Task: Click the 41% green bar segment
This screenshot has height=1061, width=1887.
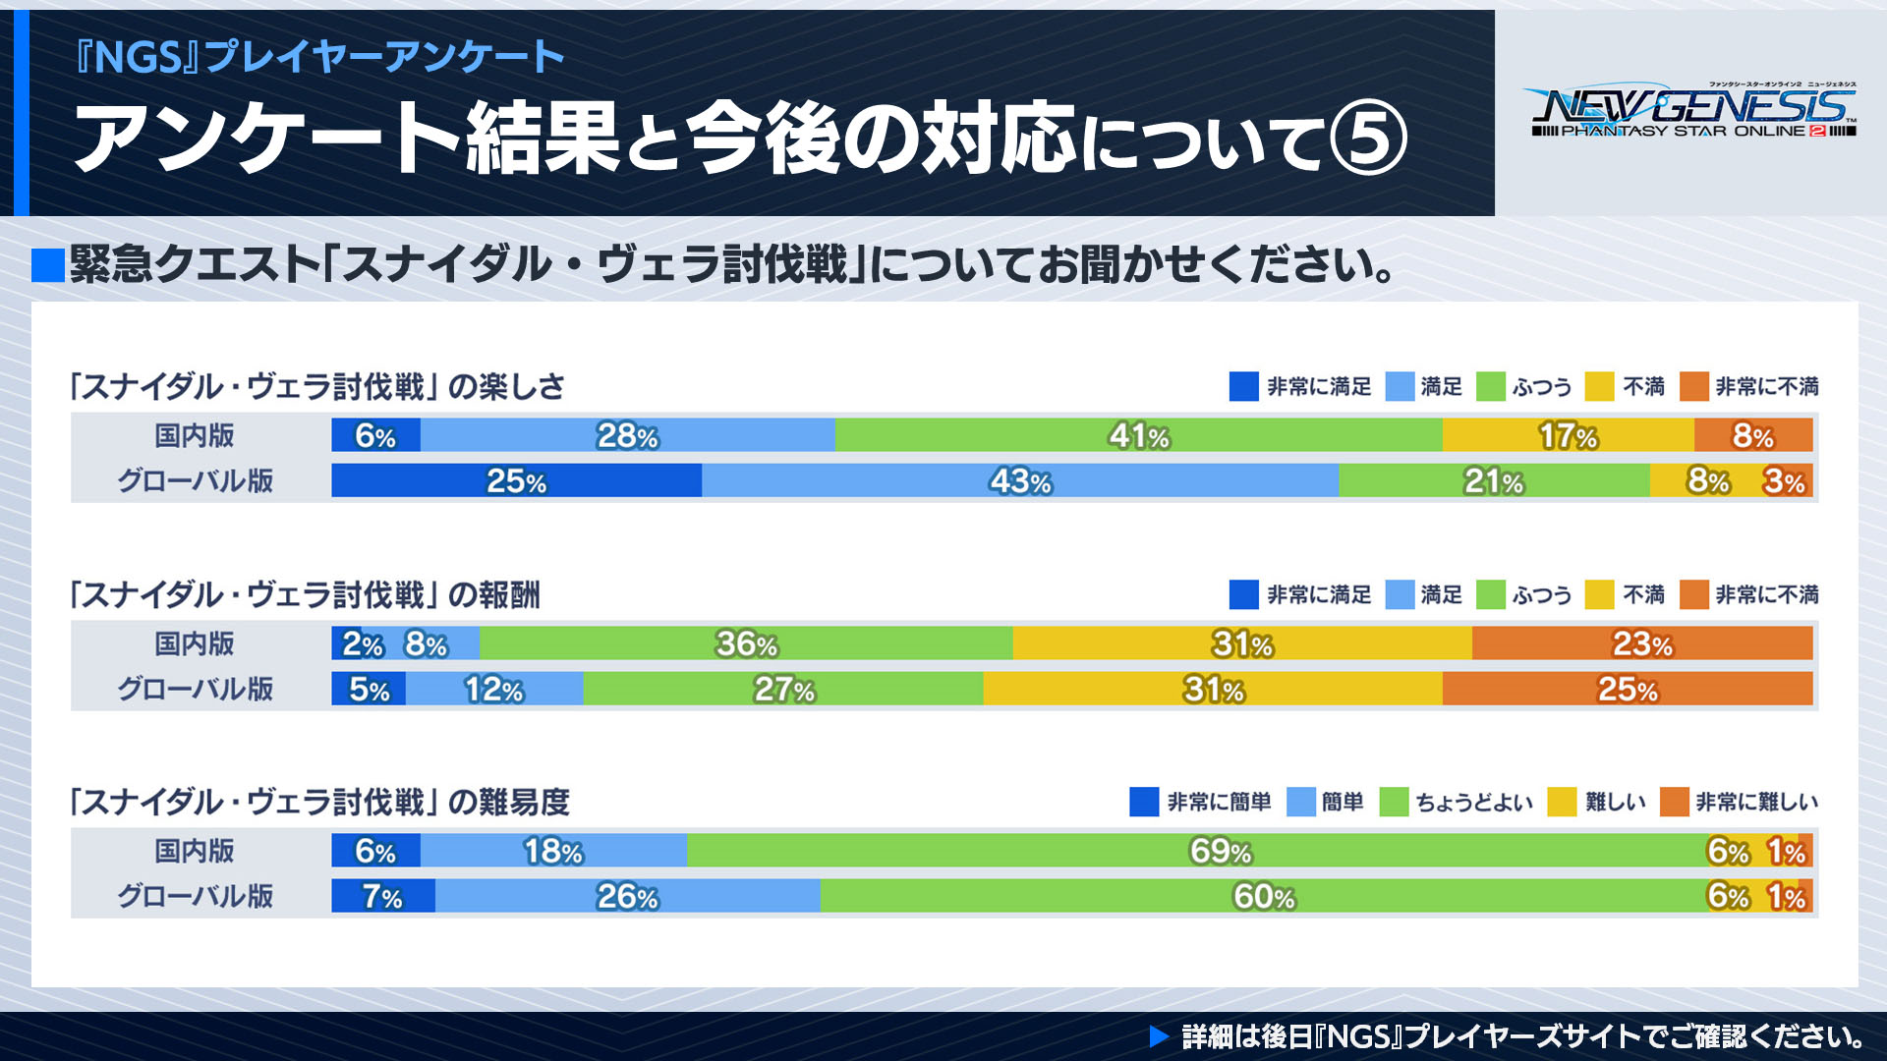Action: point(1138,435)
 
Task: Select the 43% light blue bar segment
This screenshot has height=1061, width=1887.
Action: point(1020,480)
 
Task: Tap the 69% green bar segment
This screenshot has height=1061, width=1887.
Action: point(1219,851)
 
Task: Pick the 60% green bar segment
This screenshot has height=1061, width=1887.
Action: point(1263,896)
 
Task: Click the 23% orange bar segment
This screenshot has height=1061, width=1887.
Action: point(1641,643)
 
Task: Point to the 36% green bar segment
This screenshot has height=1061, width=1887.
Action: point(746,643)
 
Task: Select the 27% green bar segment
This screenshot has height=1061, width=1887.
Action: point(783,689)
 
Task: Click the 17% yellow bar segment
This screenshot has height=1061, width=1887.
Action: point(1568,435)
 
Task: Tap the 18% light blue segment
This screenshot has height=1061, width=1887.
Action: point(553,851)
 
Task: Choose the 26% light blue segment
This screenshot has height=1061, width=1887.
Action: point(627,896)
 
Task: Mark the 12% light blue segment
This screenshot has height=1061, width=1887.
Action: point(494,689)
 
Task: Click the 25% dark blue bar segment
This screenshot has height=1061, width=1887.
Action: point(516,480)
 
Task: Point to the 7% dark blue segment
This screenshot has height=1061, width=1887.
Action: point(382,896)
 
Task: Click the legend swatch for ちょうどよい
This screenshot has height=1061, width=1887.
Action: point(1394,802)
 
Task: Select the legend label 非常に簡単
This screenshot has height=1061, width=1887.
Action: point(1219,802)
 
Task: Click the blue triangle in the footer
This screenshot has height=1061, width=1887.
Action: point(1159,1036)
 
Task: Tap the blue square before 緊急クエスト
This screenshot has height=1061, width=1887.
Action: point(48,265)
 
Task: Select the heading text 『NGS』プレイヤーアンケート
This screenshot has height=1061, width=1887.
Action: point(320,56)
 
